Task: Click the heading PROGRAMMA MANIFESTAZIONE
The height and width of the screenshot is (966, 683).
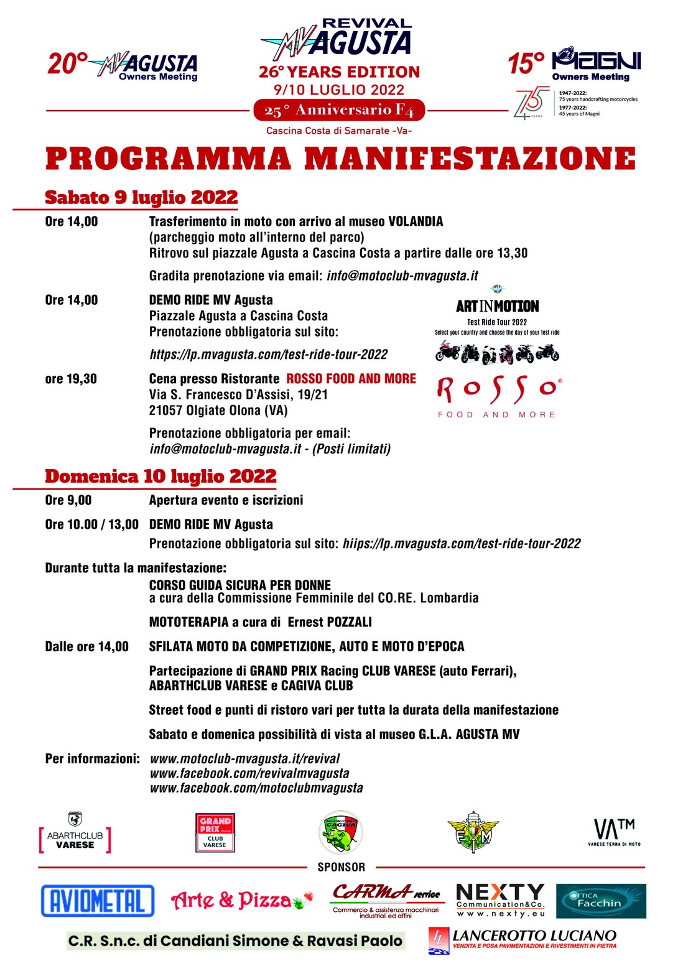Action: coord(341,158)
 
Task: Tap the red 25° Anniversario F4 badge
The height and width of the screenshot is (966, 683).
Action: coord(339,111)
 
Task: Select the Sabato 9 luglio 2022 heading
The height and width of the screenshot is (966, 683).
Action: coord(141,197)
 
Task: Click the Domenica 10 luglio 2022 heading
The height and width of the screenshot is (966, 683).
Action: coord(160,476)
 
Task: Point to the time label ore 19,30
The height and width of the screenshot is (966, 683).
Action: coord(71,379)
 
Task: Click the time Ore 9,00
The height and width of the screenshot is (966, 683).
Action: coord(68,500)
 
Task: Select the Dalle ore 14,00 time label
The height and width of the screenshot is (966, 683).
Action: coord(87,647)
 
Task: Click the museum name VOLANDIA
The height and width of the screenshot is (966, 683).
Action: coord(416,221)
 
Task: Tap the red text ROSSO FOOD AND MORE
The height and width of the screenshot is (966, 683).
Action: coord(351,379)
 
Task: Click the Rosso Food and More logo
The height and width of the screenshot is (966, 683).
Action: coord(497,397)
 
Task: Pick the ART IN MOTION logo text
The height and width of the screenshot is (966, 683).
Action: coord(497,306)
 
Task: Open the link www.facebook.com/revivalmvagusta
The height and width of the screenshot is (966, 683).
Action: coord(249,773)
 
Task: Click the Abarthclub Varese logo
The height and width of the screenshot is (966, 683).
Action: coord(75,834)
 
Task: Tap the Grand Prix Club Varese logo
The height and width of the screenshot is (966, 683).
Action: coord(215,832)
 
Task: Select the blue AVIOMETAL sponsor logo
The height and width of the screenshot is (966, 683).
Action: coord(98,901)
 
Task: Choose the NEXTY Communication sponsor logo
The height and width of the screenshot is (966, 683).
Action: coord(500,900)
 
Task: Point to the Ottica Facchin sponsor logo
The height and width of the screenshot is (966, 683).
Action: coord(600,901)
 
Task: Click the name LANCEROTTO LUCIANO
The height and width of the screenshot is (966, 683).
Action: coord(534,936)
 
